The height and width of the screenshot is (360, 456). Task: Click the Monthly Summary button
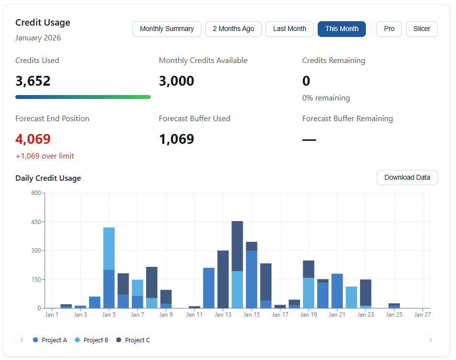pyautogui.click(x=166, y=29)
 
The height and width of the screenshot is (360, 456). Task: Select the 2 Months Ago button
pyautogui.click(x=233, y=29)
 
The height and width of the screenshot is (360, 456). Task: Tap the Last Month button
pyautogui.click(x=290, y=29)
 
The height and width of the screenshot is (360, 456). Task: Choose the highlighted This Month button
pyautogui.click(x=341, y=29)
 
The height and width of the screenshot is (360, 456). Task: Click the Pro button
pyautogui.click(x=389, y=29)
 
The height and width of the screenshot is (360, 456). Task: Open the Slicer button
pyautogui.click(x=422, y=29)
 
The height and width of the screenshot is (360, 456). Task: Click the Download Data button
pyautogui.click(x=407, y=177)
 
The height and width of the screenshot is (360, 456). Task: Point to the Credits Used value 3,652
pyautogui.click(x=33, y=81)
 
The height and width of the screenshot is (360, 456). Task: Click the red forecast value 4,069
pyautogui.click(x=33, y=139)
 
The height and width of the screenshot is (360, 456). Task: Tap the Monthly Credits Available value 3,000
pyautogui.click(x=176, y=81)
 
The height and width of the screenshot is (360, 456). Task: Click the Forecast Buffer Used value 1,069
pyautogui.click(x=176, y=139)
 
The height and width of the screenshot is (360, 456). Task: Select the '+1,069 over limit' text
pyautogui.click(x=45, y=156)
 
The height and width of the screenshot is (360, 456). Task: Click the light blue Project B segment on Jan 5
pyautogui.click(x=109, y=249)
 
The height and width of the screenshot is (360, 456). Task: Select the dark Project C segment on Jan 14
pyautogui.click(x=237, y=246)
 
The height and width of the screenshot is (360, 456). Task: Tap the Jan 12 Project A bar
pyautogui.click(x=209, y=288)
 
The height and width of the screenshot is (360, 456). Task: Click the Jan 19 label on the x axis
pyautogui.click(x=308, y=314)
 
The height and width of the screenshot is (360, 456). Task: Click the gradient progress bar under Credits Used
pyautogui.click(x=83, y=97)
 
